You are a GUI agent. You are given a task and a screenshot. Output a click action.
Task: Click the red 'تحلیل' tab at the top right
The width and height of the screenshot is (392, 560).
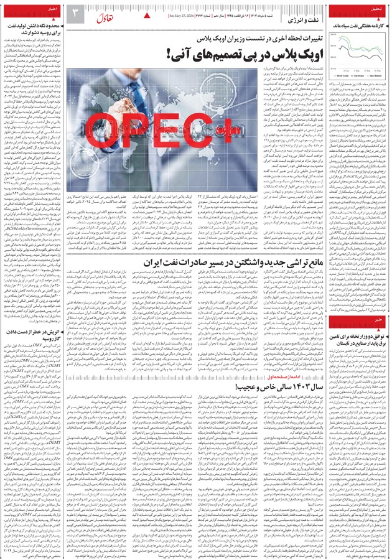click(376, 11)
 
